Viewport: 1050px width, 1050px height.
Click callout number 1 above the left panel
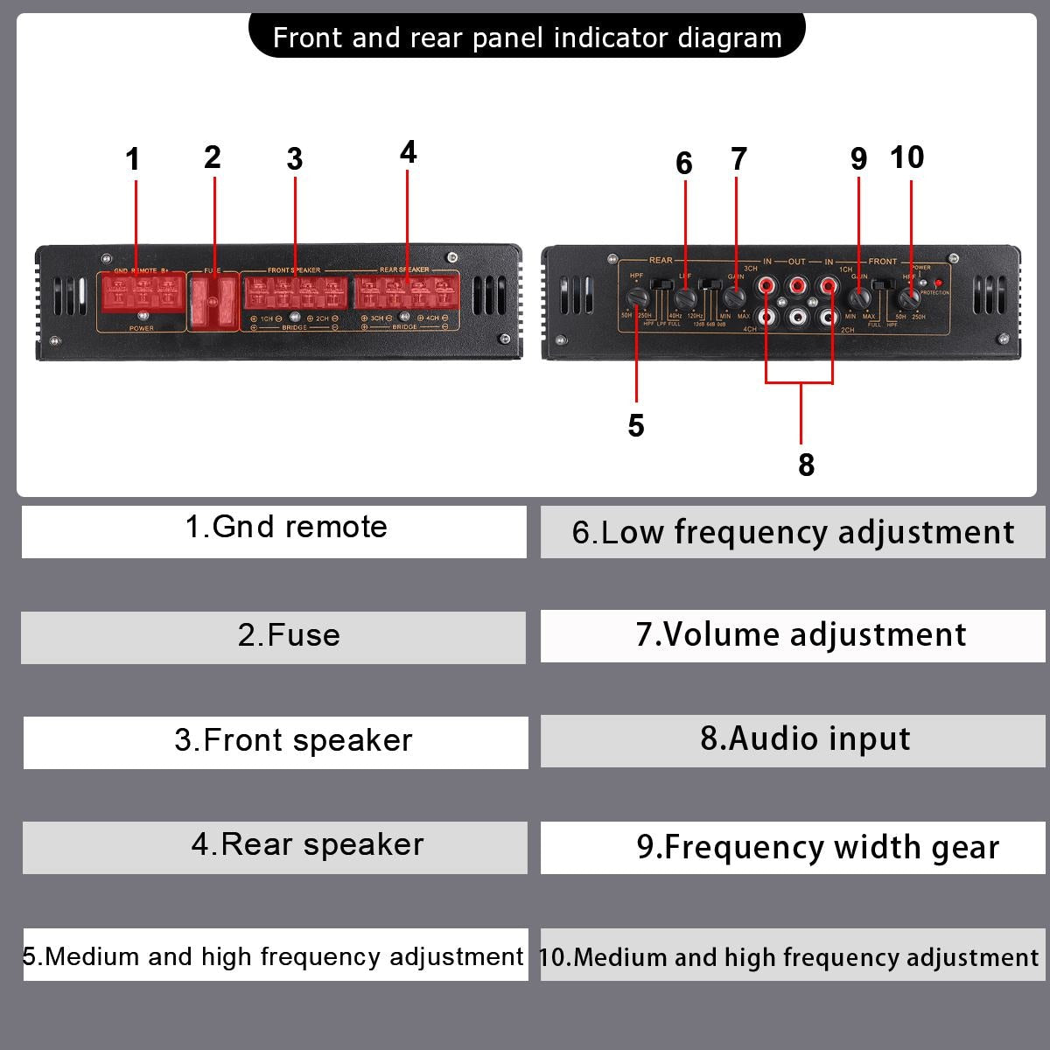[132, 159]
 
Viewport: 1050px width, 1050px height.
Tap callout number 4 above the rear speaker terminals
[408, 152]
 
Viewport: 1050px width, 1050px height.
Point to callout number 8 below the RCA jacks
[806, 465]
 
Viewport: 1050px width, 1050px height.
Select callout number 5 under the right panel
[636, 426]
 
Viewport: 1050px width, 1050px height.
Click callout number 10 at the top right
[906, 157]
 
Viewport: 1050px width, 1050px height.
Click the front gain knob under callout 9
[858, 297]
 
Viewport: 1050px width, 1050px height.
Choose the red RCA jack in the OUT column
[797, 285]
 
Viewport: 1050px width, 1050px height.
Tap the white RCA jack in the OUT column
[797, 315]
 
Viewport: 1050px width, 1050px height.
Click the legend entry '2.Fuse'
[289, 635]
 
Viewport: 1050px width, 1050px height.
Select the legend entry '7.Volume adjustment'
[801, 635]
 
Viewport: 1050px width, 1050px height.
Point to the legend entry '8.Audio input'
[805, 739]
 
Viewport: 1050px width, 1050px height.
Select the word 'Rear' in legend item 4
[258, 844]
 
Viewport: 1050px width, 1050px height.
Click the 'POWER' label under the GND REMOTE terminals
[142, 328]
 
